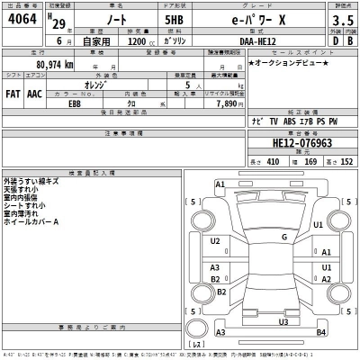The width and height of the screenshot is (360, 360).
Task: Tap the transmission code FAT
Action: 13,93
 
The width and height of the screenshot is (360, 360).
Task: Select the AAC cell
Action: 34,93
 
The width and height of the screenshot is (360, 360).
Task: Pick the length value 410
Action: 273,162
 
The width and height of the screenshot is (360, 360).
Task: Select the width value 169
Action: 310,162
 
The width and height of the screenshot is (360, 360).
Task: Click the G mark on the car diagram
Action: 284,238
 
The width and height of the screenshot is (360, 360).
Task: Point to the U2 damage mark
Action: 215,241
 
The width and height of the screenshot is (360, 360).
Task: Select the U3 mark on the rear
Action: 283,321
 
